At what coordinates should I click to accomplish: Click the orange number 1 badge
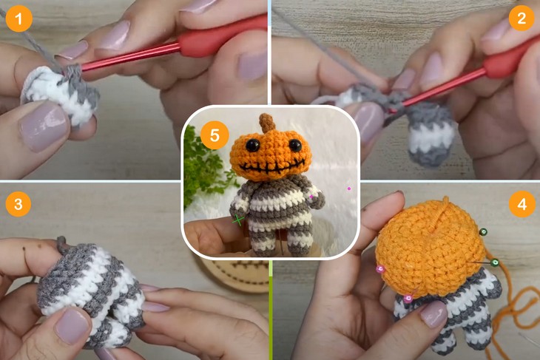click(18, 18)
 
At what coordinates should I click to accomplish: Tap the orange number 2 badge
click(522, 18)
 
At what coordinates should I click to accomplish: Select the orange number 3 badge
click(18, 203)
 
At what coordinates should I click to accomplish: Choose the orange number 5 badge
click(215, 136)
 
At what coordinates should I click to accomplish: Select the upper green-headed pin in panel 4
click(483, 232)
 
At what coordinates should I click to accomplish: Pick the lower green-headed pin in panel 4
click(495, 262)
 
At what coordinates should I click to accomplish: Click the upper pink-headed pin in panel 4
click(381, 269)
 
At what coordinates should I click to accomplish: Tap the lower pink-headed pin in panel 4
click(408, 299)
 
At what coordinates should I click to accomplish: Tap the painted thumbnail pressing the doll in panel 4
click(433, 314)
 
